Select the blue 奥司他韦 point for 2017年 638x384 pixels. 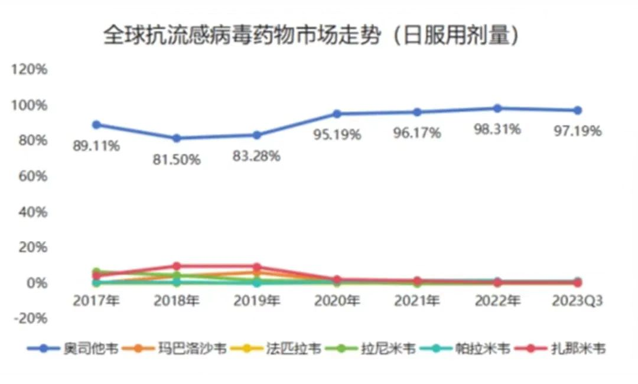[x=96, y=125]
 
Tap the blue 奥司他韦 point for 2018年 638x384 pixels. [x=177, y=138]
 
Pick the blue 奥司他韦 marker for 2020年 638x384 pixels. [x=337, y=113]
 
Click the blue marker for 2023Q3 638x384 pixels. [x=577, y=110]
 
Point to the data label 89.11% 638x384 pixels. [x=96, y=146]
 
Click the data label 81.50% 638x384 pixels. [x=177, y=160]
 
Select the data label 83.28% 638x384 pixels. [x=256, y=157]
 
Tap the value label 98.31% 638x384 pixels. [x=497, y=129]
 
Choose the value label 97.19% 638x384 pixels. [x=577, y=131]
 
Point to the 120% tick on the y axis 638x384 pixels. [x=29, y=69]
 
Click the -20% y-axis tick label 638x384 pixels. [x=29, y=318]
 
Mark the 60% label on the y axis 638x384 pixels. [x=29, y=176]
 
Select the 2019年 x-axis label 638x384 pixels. [x=256, y=301]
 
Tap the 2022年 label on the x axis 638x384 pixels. [x=497, y=301]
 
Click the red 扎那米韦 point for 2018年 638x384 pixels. [x=177, y=266]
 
